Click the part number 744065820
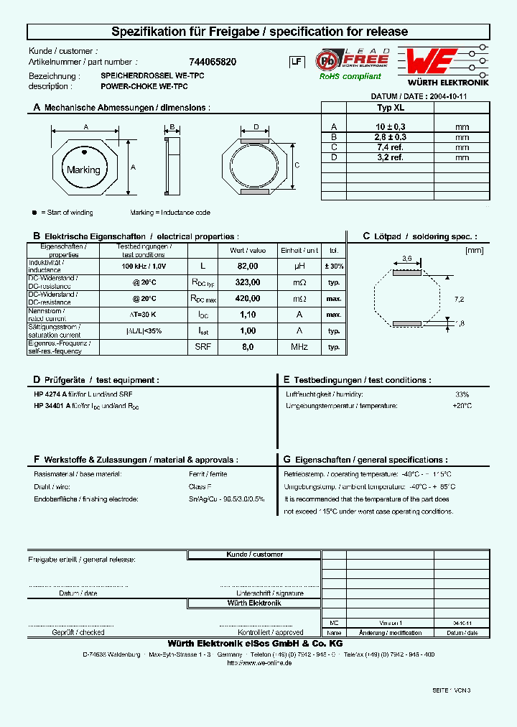click(x=212, y=62)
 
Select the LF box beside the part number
click(x=295, y=62)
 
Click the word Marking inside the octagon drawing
click(x=83, y=170)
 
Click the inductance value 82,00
click(x=247, y=266)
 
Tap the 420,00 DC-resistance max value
click(x=247, y=298)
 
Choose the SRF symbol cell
click(x=202, y=347)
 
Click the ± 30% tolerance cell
click(x=333, y=266)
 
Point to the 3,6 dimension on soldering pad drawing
click(x=406, y=258)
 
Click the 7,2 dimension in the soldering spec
click(x=460, y=298)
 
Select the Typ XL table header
click(x=391, y=108)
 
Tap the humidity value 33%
click(x=462, y=394)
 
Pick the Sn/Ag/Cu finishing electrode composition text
click(x=226, y=499)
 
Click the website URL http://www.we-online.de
click(x=258, y=663)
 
